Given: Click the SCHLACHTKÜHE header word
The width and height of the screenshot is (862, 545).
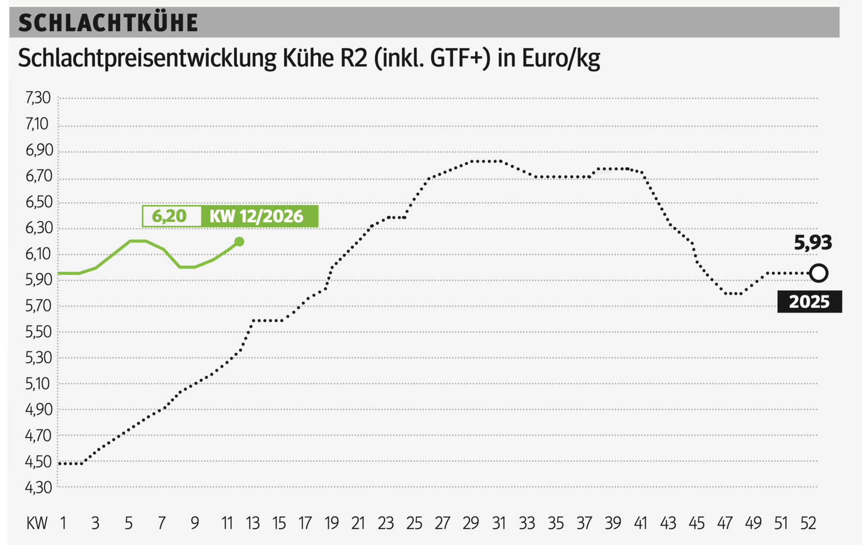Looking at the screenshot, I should coord(108,23).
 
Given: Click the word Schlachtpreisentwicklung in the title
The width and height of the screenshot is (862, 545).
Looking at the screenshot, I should coord(147,59).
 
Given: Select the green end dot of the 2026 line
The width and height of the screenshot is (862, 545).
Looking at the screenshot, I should coord(239,242).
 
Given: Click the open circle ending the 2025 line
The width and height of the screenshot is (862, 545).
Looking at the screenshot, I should coord(818,273).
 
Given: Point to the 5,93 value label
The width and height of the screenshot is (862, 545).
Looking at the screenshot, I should coord(813,243).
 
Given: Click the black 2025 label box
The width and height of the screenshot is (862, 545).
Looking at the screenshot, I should coord(809,302).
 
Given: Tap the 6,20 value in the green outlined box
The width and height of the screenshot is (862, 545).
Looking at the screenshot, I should coord(169,216).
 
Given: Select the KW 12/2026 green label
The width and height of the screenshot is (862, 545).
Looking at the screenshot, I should coord(257,216).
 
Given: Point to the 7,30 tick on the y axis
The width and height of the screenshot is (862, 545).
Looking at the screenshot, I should coord(38,98).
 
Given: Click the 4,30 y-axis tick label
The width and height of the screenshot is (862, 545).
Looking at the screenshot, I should coord(38,488).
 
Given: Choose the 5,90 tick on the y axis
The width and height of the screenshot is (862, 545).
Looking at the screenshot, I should coord(38,280).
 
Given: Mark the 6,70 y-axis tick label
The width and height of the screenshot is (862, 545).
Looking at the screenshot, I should coord(38,176).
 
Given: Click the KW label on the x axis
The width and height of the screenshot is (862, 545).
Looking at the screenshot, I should coord(37,523).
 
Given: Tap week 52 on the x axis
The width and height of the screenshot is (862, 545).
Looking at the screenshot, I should coord(808,523).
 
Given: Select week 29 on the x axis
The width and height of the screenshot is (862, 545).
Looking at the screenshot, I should coord(470,523).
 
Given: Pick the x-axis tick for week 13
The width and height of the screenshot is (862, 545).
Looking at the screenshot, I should coord(252,523).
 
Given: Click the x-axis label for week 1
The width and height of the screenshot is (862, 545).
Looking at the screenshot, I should coord(63,523).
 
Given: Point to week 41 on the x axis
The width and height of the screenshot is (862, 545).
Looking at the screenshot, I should coord(640,523).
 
